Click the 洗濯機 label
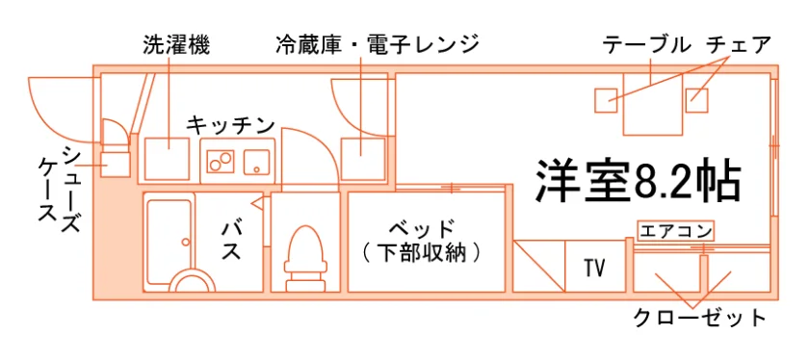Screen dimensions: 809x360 point(176,45)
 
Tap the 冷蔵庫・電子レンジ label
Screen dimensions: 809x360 point(378,45)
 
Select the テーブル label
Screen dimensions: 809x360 point(647,45)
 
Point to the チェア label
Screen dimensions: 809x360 point(739,45)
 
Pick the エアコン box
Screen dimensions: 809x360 point(675,231)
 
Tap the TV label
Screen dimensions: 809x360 point(595,268)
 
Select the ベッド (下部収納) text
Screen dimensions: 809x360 point(422,240)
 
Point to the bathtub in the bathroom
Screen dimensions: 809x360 point(170,242)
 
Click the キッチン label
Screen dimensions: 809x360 point(229,125)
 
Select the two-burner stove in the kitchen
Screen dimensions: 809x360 point(221,161)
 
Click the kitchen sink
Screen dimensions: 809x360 point(256,162)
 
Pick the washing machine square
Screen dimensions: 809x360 point(167,158)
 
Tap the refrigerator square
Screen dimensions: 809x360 point(363,158)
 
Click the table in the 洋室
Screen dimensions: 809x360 point(653,104)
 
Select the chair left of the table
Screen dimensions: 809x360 point(606,100)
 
